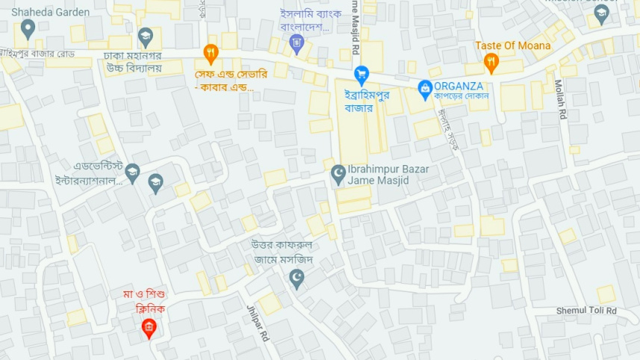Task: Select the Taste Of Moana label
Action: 513,46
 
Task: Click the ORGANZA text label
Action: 459,86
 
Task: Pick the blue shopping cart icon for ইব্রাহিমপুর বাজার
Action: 361,74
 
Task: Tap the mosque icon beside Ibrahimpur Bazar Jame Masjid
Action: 338,174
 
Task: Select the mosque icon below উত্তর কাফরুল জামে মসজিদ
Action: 297,279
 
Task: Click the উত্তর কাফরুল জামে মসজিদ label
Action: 282,252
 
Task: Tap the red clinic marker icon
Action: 149,327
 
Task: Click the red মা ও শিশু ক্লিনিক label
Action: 144,301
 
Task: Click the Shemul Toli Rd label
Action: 586,311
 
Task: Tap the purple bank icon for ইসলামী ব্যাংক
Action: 297,44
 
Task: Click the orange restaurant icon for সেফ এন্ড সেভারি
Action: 211,52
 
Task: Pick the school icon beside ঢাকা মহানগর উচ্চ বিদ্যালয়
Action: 146,36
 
